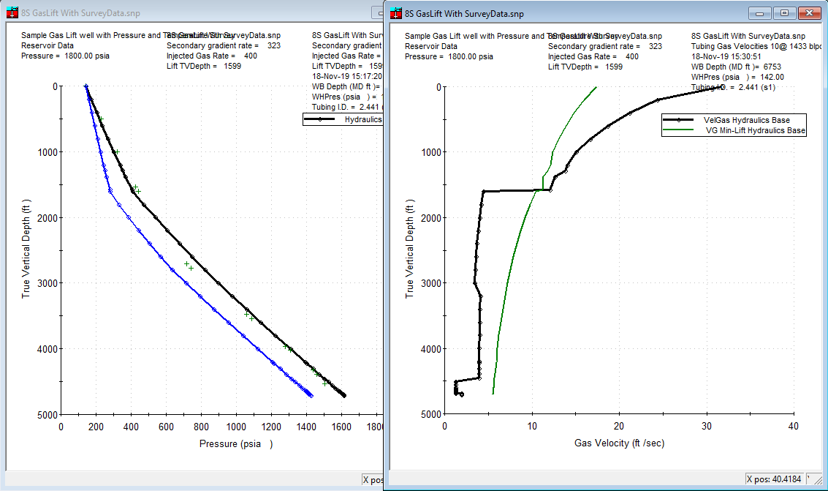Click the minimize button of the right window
coord(762,13)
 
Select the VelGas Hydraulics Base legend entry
coord(746,120)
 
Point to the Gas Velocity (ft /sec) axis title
coord(619,443)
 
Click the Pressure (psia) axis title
coord(235,443)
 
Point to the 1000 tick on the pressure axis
coord(235,427)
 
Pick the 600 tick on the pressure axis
coord(166,427)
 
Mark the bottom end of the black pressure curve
coord(344,395)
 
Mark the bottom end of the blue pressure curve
coord(311,395)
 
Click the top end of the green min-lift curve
coord(596,87)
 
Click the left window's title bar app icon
coord(12,12)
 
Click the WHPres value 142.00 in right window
coord(771,77)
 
